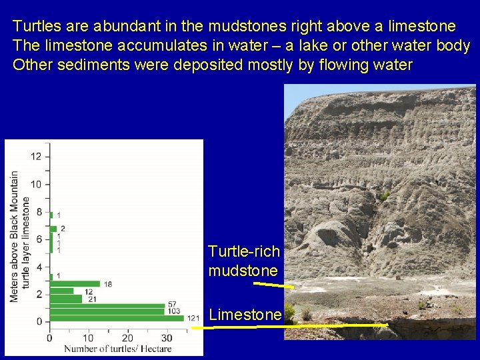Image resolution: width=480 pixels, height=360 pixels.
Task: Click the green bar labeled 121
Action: (x=117, y=318)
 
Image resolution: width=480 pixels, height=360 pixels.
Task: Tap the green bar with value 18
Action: (x=75, y=284)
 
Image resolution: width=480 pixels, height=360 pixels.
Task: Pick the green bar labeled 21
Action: (x=66, y=299)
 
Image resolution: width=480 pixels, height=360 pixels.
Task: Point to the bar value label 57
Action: (x=172, y=305)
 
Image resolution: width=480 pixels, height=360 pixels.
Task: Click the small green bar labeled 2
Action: (x=53, y=229)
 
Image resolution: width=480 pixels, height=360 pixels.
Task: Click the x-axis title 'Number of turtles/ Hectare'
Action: (x=117, y=348)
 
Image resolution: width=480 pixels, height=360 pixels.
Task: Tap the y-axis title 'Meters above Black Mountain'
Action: (x=15, y=237)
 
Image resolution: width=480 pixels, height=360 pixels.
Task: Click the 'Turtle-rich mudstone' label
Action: (x=243, y=261)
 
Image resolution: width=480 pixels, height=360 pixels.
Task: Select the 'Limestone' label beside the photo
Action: (x=245, y=315)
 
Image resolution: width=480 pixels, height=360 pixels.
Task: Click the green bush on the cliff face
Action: (x=385, y=195)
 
